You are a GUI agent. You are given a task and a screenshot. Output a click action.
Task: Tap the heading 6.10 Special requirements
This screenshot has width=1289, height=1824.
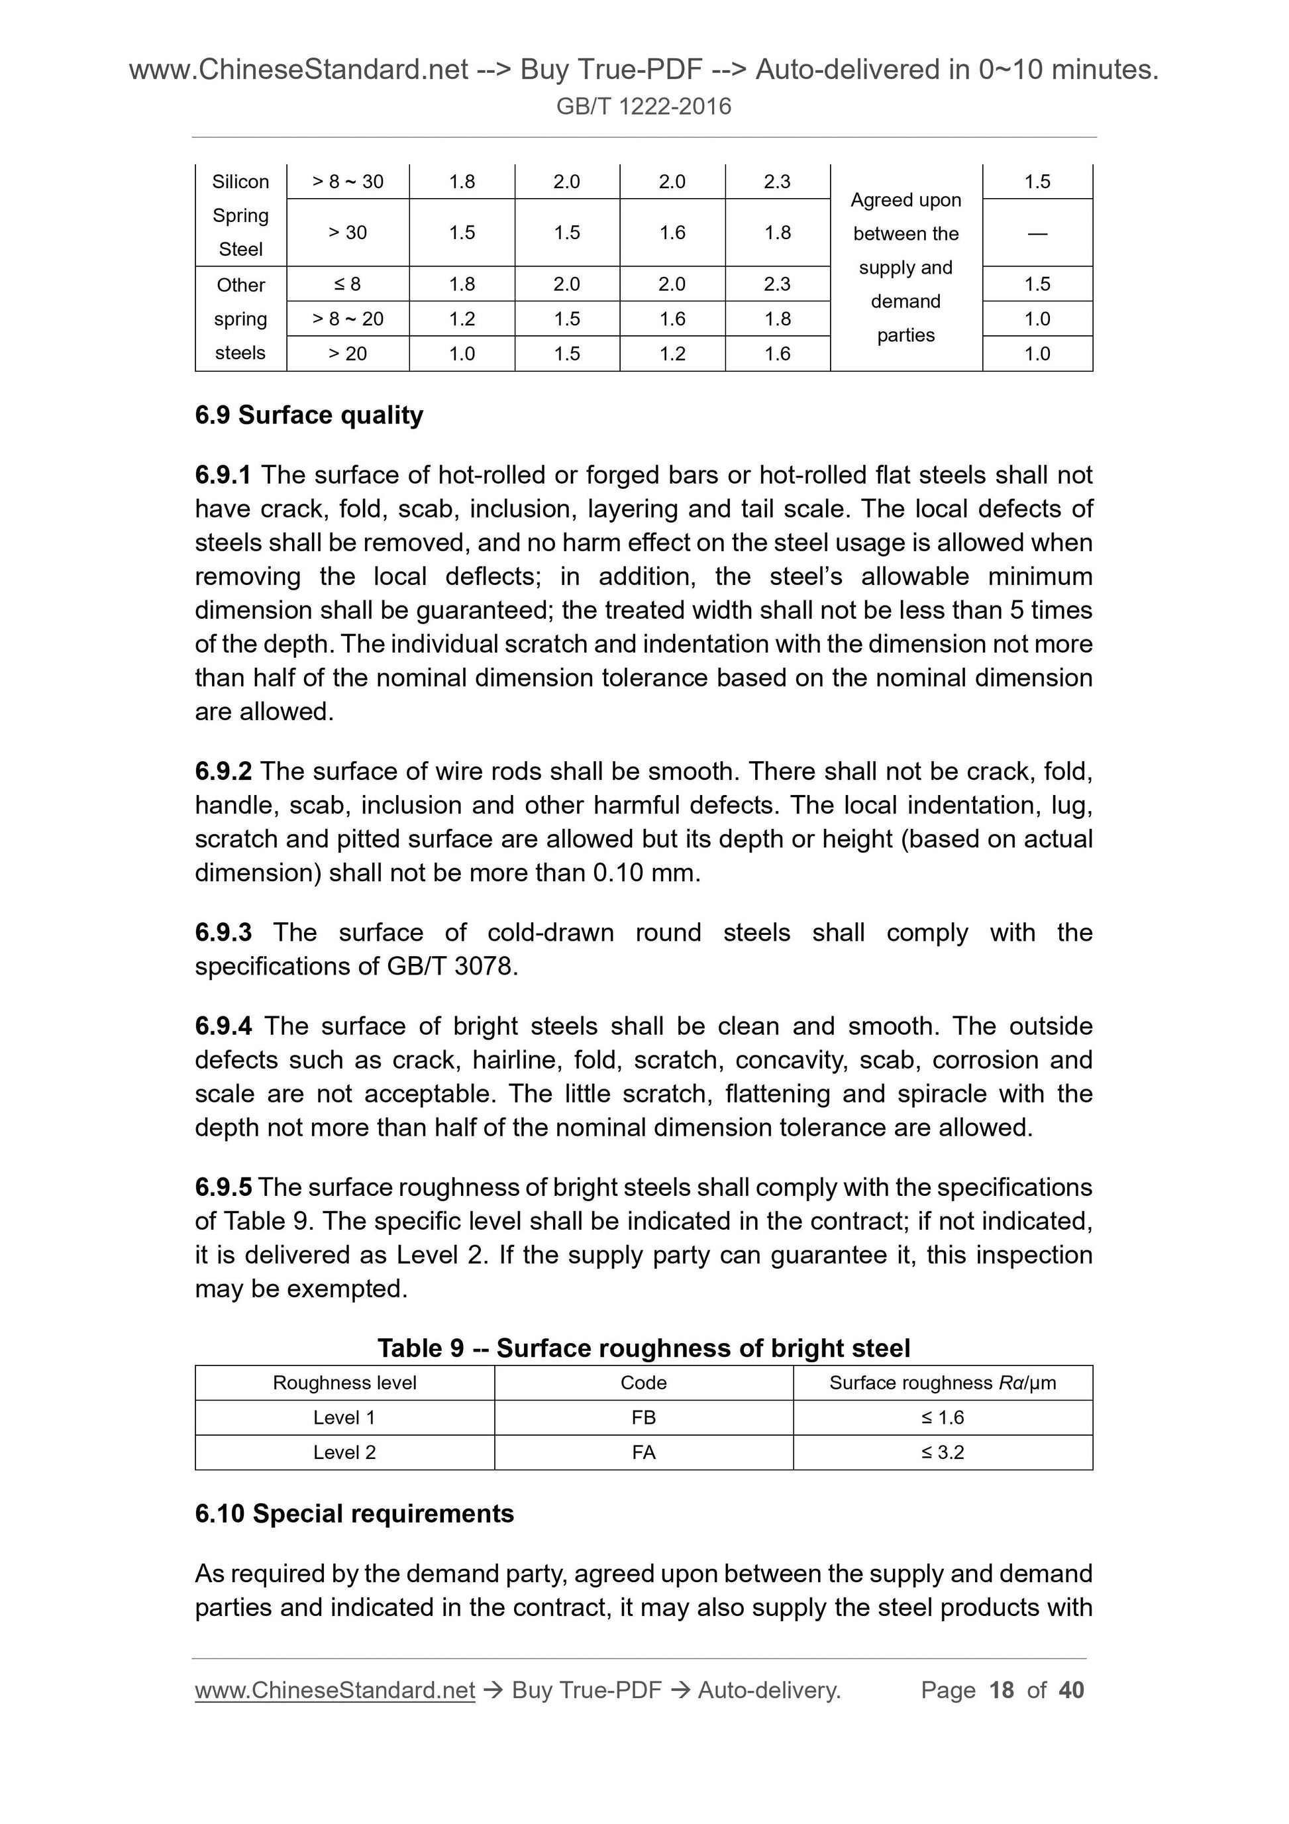pyautogui.click(x=354, y=1513)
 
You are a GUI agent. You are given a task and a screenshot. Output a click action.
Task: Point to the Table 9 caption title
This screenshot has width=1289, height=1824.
pyautogui.click(x=643, y=1348)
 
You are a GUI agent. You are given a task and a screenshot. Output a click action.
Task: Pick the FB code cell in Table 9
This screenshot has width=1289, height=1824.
pyautogui.click(x=643, y=1417)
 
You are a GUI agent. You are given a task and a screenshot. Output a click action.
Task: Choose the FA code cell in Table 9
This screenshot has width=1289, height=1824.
pyautogui.click(x=643, y=1452)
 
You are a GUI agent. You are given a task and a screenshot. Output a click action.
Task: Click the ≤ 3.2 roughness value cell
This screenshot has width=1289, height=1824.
pyautogui.click(x=943, y=1452)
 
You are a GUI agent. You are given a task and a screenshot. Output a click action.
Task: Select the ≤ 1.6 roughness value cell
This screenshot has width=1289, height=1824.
pyautogui.click(x=943, y=1417)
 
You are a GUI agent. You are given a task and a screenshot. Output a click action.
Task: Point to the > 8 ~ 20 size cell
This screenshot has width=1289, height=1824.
pyautogui.click(x=348, y=319)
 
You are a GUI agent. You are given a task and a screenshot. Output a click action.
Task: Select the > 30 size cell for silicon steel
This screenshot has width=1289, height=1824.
pyautogui.click(x=348, y=232)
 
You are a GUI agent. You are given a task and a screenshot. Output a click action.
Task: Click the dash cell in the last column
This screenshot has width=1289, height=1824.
pyautogui.click(x=1037, y=233)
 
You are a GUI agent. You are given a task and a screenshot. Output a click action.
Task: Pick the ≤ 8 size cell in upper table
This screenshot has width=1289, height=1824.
pyautogui.click(x=348, y=284)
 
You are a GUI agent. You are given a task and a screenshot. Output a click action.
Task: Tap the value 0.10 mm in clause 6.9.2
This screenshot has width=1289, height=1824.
pyautogui.click(x=646, y=873)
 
